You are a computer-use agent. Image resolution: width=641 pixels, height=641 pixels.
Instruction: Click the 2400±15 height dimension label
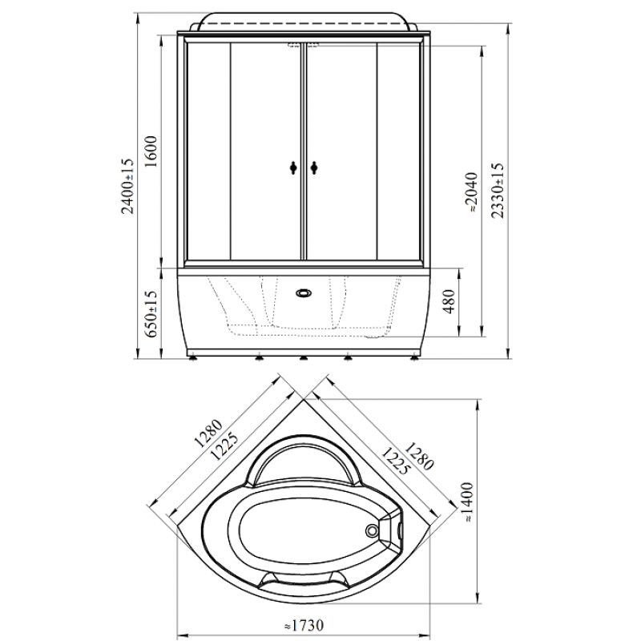(x=128, y=186)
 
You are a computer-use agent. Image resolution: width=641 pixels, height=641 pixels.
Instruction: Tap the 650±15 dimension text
(x=151, y=313)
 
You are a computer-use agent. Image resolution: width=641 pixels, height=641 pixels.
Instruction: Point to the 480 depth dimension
(x=449, y=301)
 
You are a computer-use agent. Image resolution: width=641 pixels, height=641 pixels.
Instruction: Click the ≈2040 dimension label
(x=472, y=191)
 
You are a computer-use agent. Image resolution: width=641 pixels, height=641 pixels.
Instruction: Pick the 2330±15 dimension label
(x=498, y=191)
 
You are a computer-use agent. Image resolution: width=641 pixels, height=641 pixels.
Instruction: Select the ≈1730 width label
(x=304, y=626)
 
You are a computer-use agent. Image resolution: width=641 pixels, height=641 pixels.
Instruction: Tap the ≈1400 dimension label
(x=469, y=502)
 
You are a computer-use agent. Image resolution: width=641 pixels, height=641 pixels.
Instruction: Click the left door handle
(x=292, y=167)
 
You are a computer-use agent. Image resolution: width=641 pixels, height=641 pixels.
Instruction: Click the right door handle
(x=314, y=167)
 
